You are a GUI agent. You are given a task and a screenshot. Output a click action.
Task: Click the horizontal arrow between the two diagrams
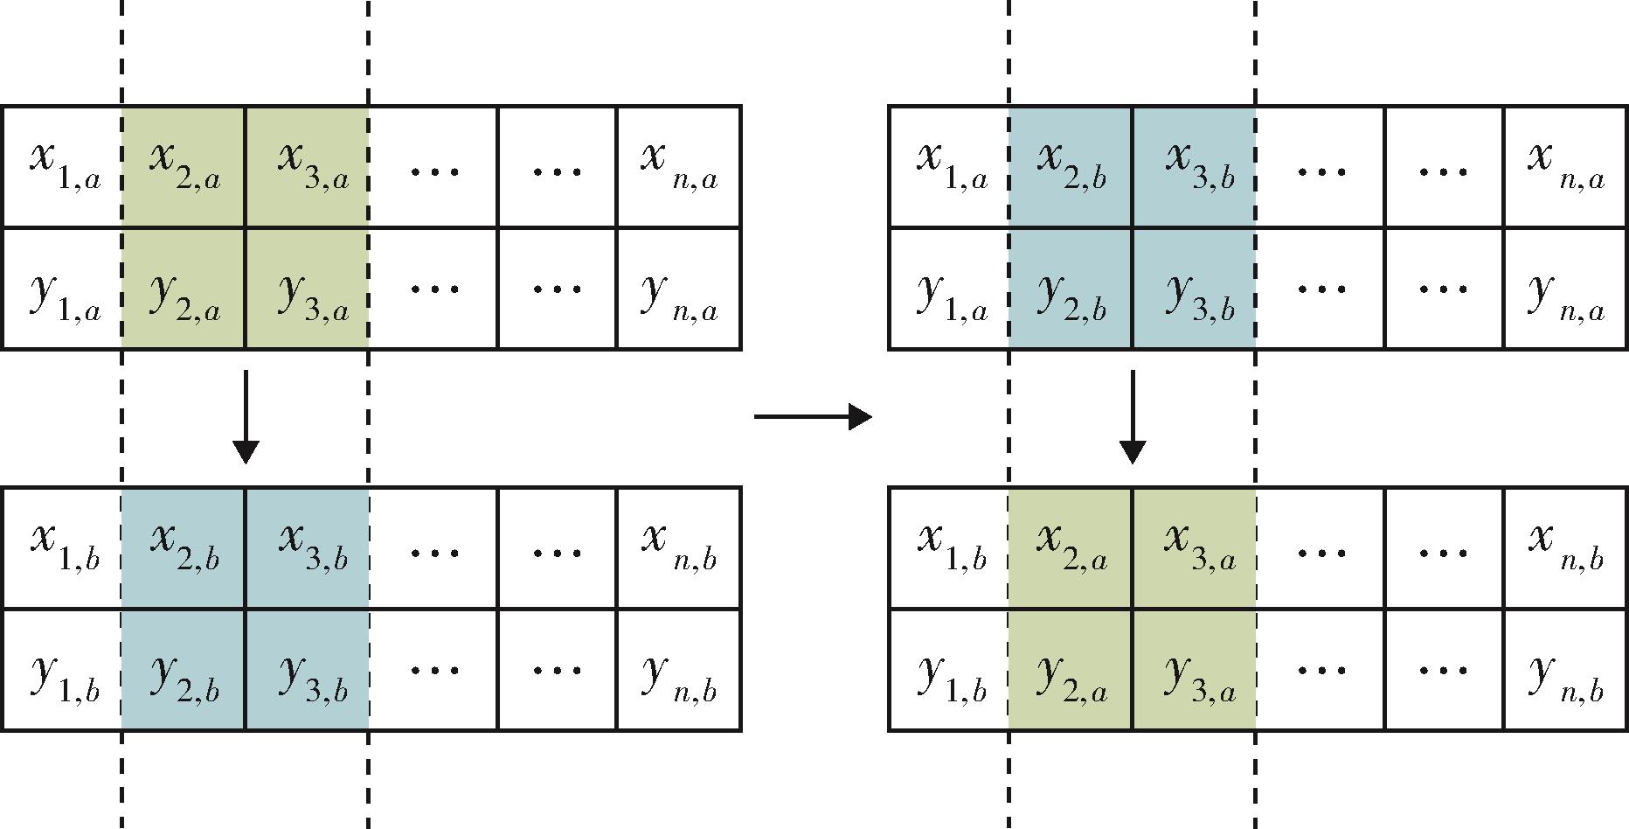pyautogui.click(x=813, y=416)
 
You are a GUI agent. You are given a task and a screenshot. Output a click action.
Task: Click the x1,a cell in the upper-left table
pyautogui.click(x=62, y=167)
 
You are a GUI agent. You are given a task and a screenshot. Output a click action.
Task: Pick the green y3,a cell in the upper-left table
pyautogui.click(x=307, y=289)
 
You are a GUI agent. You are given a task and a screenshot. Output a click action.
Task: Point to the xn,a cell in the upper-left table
pyautogui.click(x=679, y=167)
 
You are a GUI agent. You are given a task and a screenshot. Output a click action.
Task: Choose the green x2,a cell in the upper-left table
pyautogui.click(x=184, y=167)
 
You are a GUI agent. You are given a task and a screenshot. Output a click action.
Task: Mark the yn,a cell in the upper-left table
pyautogui.click(x=679, y=289)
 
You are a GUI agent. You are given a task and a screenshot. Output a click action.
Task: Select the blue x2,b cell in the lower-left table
pyautogui.click(x=184, y=548)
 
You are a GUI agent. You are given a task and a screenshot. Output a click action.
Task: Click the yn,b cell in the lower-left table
pyautogui.click(x=679, y=670)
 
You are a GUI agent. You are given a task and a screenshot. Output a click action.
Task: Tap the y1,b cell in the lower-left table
pyautogui.click(x=62, y=670)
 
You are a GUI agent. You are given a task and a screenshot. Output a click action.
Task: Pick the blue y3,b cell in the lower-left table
pyautogui.click(x=307, y=670)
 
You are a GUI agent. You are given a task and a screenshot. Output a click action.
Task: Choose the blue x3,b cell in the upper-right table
pyautogui.click(x=1194, y=167)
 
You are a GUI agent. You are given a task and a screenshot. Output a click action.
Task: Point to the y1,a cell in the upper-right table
pyautogui.click(x=949, y=289)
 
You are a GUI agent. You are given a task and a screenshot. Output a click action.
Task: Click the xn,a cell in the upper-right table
pyautogui.click(x=1566, y=167)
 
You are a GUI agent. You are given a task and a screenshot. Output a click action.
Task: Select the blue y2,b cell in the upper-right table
pyautogui.click(x=1071, y=289)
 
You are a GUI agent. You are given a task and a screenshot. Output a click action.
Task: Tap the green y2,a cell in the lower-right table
pyautogui.click(x=1071, y=670)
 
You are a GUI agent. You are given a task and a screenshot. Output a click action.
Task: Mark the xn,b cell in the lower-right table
pyautogui.click(x=1566, y=548)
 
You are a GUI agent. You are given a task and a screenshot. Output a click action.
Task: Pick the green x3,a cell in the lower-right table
pyautogui.click(x=1194, y=548)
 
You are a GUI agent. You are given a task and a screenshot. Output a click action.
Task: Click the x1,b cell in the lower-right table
pyautogui.click(x=949, y=548)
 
